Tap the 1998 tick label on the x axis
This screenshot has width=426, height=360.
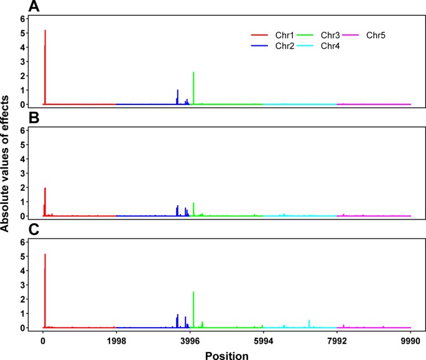tap(116, 341)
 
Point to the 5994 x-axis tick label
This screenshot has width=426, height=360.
tap(263, 341)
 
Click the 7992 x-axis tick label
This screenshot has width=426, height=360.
tap(336, 341)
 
